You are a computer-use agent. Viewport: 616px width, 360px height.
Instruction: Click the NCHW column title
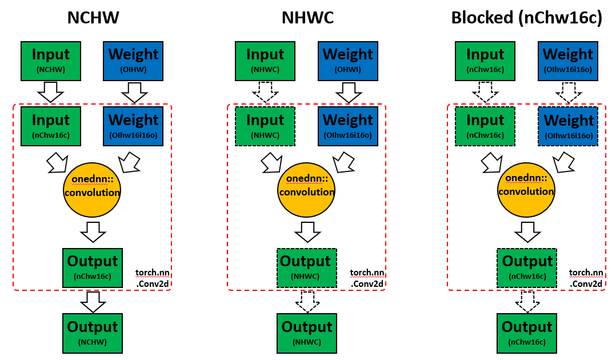point(93,17)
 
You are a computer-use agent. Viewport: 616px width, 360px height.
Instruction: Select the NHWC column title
point(307,17)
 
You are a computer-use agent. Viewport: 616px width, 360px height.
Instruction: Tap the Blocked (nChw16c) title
point(526,17)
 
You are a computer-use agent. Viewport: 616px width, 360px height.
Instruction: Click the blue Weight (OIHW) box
point(133,61)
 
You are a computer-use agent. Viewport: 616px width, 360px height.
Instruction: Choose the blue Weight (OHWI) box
point(347,61)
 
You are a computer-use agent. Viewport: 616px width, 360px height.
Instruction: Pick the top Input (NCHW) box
point(51,61)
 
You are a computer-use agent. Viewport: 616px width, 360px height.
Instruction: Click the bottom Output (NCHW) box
point(93,333)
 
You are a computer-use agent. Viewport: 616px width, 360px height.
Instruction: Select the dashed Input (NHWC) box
point(265,126)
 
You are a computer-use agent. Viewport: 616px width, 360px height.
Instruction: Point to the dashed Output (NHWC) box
point(307,267)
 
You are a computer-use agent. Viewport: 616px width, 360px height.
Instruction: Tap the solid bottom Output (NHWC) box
point(307,333)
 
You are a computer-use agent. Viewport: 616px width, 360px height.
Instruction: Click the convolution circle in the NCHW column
point(92,188)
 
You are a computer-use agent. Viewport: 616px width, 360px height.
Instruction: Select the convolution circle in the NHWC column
point(306,188)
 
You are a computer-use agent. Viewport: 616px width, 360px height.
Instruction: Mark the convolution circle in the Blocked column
point(526,188)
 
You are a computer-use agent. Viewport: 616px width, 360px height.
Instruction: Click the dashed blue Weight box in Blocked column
point(568,126)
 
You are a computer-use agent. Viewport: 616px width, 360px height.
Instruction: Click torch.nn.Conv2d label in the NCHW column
point(152,277)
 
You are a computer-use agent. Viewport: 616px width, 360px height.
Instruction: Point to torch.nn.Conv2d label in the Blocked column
point(586,278)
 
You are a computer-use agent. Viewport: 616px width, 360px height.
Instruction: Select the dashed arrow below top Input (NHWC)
point(265,91)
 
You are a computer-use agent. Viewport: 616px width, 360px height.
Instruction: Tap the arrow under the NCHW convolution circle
point(93,231)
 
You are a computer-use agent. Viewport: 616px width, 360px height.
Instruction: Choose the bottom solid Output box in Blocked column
point(527,333)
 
